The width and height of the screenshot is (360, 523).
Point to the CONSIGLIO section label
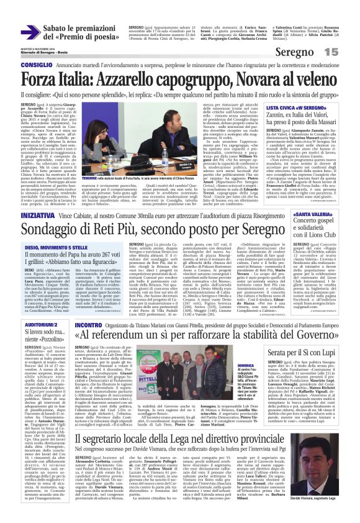click(x=36, y=65)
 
